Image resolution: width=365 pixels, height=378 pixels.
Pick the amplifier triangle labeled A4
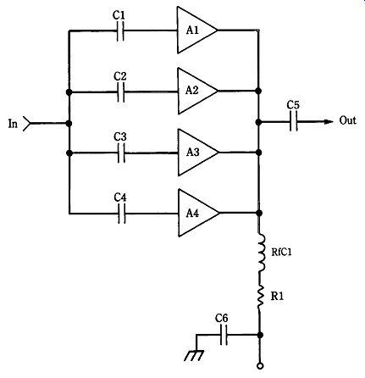(196, 213)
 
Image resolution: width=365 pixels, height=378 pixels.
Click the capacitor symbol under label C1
(120, 31)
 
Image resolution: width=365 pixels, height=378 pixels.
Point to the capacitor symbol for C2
(120, 92)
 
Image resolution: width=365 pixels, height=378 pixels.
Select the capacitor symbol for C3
(121, 153)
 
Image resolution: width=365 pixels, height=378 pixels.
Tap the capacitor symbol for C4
(121, 214)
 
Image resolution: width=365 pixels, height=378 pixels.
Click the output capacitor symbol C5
(294, 121)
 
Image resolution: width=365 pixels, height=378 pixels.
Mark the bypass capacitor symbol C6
(224, 335)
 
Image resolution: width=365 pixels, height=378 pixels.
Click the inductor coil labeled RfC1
(261, 253)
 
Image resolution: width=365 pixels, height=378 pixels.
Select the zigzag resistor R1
(260, 296)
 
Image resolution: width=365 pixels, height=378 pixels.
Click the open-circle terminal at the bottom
(260, 366)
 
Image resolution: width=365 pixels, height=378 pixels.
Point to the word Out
(347, 120)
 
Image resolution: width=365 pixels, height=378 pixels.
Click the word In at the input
(13, 124)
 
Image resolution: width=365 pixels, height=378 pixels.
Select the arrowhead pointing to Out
(329, 121)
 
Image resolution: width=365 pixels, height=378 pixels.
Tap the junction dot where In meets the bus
(69, 124)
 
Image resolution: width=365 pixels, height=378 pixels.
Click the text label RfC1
(281, 252)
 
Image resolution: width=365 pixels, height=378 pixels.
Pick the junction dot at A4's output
(259, 213)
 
